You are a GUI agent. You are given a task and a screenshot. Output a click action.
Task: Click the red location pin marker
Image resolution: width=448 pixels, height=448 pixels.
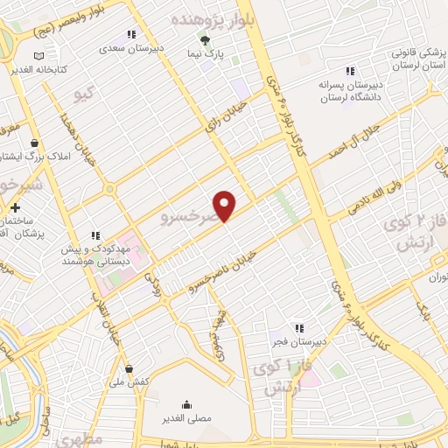(x=225, y=205)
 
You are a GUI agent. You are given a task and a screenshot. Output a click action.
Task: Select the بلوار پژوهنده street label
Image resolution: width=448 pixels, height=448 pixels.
(x=214, y=17)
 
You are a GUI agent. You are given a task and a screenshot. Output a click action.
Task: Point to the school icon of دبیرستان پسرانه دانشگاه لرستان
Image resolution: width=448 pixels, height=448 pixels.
(x=350, y=71)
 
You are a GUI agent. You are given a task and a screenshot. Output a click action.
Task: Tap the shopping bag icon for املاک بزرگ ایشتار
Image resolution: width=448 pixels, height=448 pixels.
(x=34, y=143)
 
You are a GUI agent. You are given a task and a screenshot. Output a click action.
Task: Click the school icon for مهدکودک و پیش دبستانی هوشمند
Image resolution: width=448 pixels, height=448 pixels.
(x=96, y=235)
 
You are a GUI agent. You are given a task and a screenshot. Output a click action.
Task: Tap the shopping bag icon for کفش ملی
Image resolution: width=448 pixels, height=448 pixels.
(x=129, y=369)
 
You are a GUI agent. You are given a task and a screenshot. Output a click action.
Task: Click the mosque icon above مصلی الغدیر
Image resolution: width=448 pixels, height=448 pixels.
(x=186, y=404)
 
